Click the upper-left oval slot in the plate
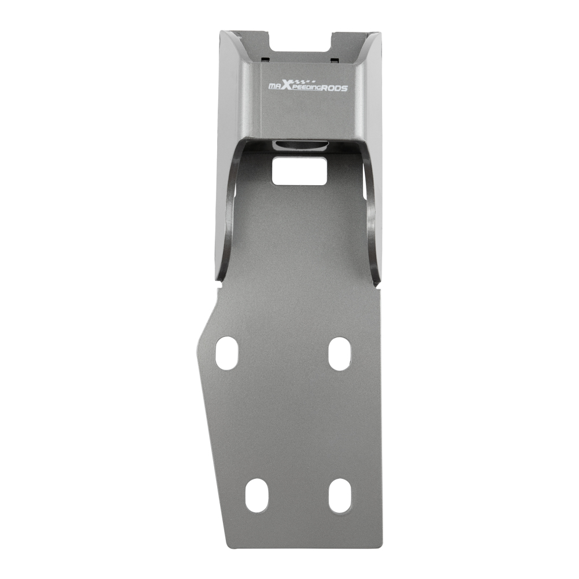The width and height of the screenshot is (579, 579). pos(227,353)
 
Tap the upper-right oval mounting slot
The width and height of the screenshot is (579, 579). pos(339,353)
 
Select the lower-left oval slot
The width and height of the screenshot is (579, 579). pos(256,495)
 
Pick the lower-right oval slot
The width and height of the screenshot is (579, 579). pos(340,495)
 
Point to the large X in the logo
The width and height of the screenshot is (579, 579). pos(288,86)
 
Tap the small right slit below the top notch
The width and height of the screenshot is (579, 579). pos(335,58)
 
